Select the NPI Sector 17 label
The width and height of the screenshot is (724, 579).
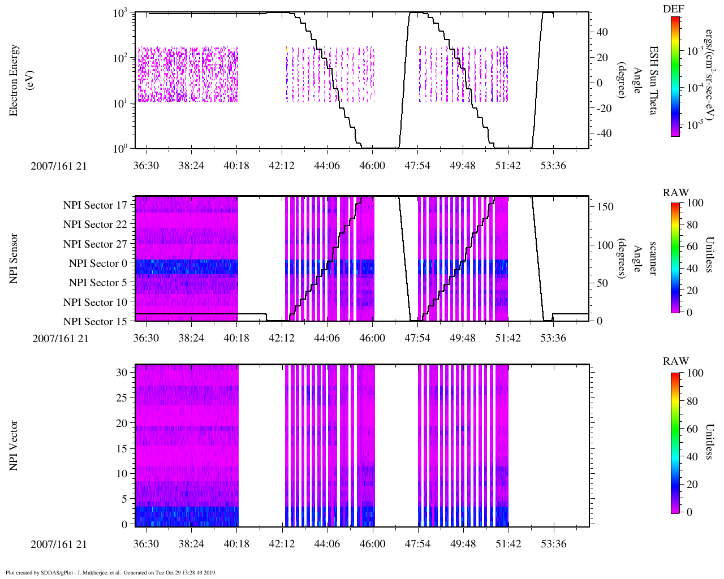pos(95,205)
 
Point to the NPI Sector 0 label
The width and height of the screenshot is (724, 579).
pos(98,263)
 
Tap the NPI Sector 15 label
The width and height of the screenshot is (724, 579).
pos(95,322)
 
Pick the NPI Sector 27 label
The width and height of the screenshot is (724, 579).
pos(95,244)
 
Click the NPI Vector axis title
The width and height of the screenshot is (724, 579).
pos(14,446)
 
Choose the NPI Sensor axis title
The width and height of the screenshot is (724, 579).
pos(14,258)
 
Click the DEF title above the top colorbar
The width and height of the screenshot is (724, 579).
pos(673,8)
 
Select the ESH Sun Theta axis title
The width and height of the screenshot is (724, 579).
pos(653,80)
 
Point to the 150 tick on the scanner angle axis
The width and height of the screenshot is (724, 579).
pos(605,207)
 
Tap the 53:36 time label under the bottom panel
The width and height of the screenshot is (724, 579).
pos(553,544)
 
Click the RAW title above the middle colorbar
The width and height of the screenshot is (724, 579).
pos(676,193)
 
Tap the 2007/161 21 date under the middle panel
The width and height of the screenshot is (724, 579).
pos(60,339)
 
